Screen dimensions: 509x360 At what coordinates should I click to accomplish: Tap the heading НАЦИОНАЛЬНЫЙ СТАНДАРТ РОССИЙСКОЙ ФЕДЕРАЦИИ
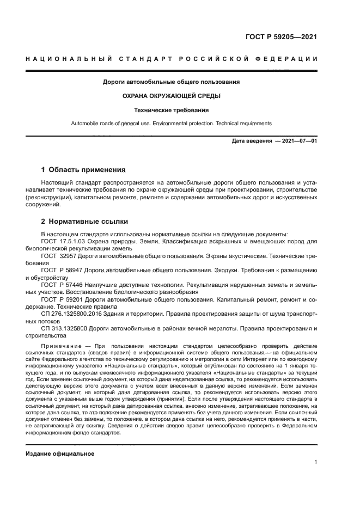[x=172, y=59]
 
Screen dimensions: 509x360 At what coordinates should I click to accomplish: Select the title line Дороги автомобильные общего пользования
[x=172, y=82]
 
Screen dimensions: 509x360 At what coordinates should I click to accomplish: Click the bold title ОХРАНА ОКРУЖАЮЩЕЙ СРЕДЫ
[x=172, y=96]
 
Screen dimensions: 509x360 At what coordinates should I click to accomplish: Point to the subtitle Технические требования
[x=172, y=109]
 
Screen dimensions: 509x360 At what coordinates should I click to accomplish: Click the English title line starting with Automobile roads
[x=172, y=124]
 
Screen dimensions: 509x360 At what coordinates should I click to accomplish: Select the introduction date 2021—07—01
[x=297, y=141]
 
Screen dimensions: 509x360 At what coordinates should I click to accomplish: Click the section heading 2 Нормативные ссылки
[x=85, y=222]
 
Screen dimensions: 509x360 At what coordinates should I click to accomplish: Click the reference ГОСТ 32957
[x=59, y=255]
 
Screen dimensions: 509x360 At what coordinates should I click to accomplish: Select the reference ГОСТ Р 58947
[x=62, y=269]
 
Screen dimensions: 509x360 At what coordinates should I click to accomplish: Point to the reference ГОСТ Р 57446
[x=62, y=285]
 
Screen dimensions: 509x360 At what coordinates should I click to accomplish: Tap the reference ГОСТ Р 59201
[x=62, y=299]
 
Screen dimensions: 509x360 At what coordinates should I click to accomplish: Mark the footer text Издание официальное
[x=60, y=453]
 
